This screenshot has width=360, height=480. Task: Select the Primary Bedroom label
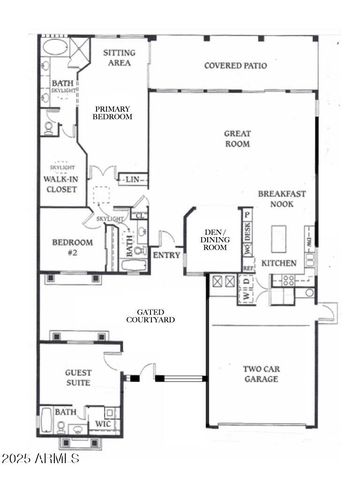pyautogui.click(x=112, y=112)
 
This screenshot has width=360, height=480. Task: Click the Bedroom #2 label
pyautogui.click(x=72, y=247)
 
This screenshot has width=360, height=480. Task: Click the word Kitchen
pyautogui.click(x=278, y=263)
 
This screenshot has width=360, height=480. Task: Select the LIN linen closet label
pyautogui.click(x=132, y=180)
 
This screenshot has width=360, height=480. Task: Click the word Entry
pyautogui.click(x=165, y=255)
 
